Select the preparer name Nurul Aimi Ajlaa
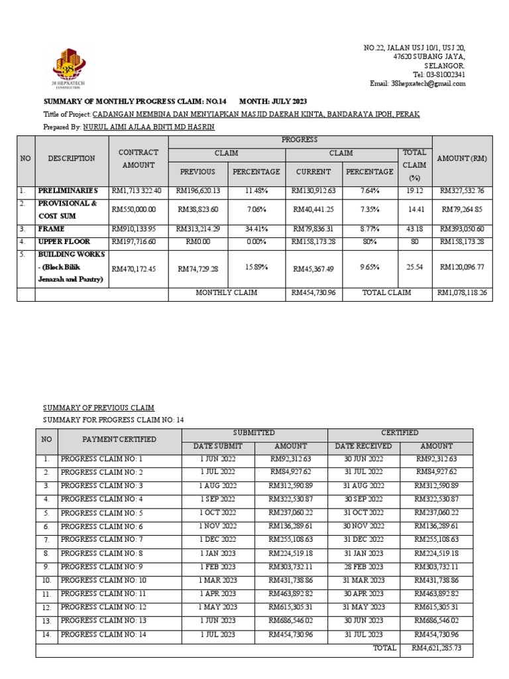tap(149, 127)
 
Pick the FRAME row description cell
tap(72, 229)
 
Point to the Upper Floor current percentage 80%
tap(369, 242)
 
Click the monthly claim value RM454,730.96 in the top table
tap(313, 292)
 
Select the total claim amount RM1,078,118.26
tap(462, 292)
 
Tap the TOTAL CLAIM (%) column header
tap(415, 165)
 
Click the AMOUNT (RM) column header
tap(462, 159)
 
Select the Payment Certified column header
tap(119, 439)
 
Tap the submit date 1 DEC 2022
tap(217, 539)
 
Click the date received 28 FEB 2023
tap(363, 567)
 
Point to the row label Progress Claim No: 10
tap(103, 580)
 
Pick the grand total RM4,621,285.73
tap(436, 648)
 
